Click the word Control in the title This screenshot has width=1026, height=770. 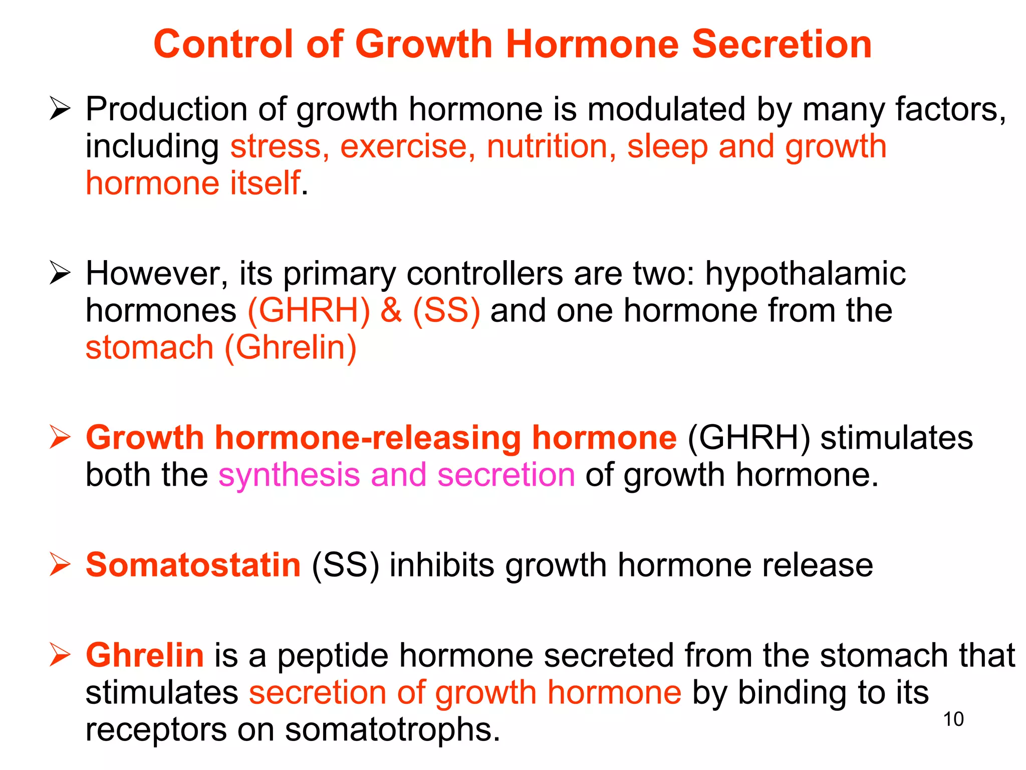pyautogui.click(x=223, y=44)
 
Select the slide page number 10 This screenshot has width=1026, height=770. pyautogui.click(x=953, y=719)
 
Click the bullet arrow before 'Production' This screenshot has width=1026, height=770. pyautogui.click(x=60, y=109)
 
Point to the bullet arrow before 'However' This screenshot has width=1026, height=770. pyautogui.click(x=60, y=274)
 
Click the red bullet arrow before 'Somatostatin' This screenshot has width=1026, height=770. pyautogui.click(x=60, y=564)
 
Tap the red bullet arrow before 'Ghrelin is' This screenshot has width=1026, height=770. pyautogui.click(x=60, y=655)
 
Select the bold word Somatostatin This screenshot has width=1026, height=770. pyautogui.click(x=193, y=565)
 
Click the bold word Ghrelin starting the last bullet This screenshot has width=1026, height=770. pyautogui.click(x=145, y=655)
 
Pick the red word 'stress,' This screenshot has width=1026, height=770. pyautogui.click(x=280, y=146)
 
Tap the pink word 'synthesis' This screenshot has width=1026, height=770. pyautogui.click(x=289, y=475)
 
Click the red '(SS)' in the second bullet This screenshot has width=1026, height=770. pyautogui.click(x=446, y=310)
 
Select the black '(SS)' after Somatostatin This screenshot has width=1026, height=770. pyautogui.click(x=345, y=565)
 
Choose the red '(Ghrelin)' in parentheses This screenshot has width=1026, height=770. pyautogui.click(x=291, y=347)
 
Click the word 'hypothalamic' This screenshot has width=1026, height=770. pyautogui.click(x=806, y=274)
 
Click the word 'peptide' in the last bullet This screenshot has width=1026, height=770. pyautogui.click(x=333, y=656)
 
